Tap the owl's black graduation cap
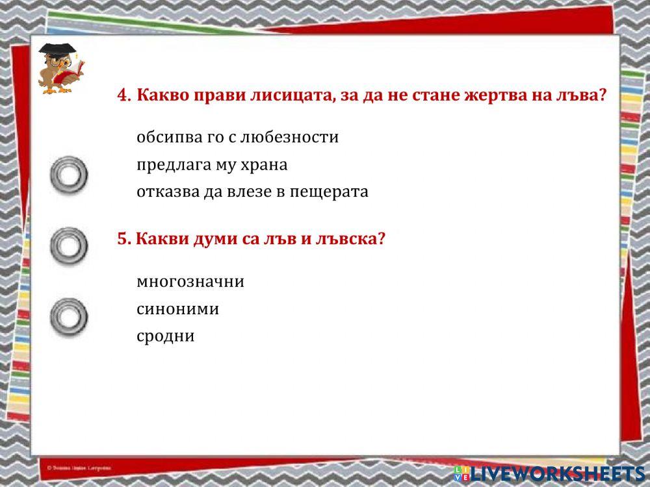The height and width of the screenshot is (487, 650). [55, 49]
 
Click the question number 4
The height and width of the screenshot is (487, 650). [123, 95]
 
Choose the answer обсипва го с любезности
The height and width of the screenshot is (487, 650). [237, 138]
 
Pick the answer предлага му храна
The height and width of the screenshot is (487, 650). [212, 165]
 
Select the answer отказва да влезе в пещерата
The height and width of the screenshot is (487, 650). [252, 192]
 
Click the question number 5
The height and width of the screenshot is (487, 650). [123, 239]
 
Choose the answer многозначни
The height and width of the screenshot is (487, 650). [190, 282]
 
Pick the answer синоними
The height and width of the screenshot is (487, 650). [177, 309]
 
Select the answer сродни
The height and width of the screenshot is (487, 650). [166, 336]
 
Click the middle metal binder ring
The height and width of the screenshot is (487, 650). [69, 245]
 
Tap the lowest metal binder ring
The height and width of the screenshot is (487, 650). [69, 316]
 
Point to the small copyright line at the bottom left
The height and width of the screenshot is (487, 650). [79, 468]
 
